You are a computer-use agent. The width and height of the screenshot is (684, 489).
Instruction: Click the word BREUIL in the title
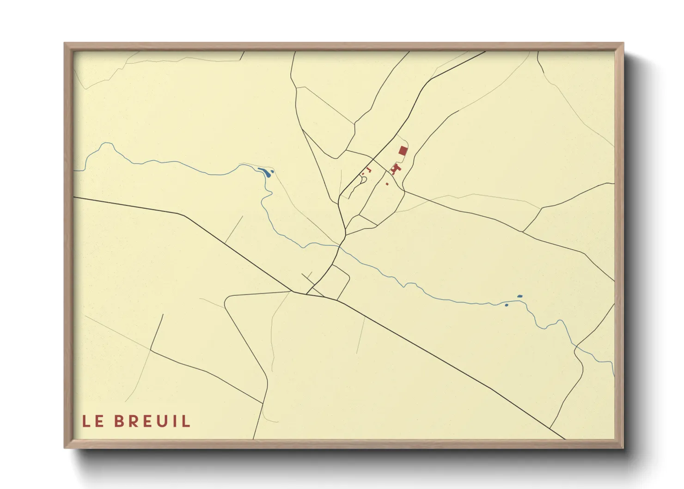(152, 422)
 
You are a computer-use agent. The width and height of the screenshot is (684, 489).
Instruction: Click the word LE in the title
(92, 422)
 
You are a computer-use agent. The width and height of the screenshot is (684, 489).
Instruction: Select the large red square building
(403, 150)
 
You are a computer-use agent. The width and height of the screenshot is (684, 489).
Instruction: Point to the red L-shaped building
(369, 170)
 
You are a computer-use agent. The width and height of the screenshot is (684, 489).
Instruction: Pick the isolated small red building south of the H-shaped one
(387, 183)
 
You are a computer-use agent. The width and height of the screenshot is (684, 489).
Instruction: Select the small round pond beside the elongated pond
(273, 171)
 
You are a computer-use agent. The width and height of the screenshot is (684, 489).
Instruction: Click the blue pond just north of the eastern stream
(519, 296)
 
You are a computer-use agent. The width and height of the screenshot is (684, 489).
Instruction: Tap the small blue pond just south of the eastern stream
(507, 305)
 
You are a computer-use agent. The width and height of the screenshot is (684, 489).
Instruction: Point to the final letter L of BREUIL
(187, 422)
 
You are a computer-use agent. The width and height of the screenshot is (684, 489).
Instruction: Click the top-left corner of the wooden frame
(65, 43)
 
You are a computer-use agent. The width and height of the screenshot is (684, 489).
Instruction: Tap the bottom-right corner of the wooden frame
(623, 447)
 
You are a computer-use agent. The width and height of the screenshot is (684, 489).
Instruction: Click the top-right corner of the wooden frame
(623, 43)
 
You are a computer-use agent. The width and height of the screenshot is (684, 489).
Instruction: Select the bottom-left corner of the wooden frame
(65, 447)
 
